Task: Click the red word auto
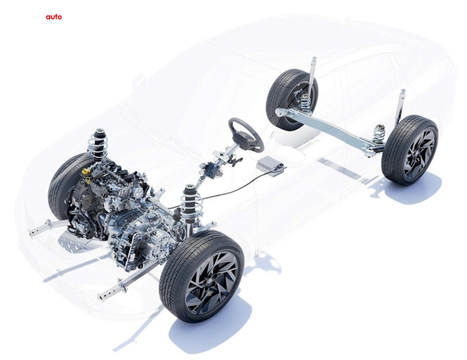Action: coord(54,17)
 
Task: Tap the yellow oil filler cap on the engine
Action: coord(86,172)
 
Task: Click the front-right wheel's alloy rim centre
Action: coord(212,283)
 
